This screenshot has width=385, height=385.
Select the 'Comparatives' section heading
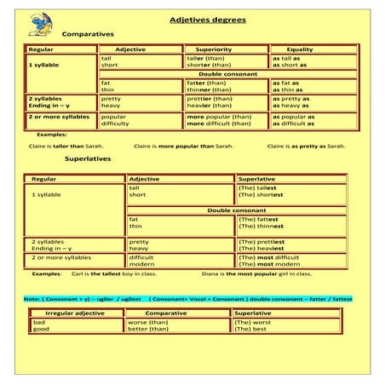[x=88, y=34]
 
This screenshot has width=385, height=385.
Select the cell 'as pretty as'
[x=291, y=98]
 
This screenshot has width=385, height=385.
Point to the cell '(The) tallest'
[x=258, y=187]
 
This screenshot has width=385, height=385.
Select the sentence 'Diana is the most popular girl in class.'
[x=256, y=274]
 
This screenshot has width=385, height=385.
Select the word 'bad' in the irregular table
[x=39, y=322]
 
